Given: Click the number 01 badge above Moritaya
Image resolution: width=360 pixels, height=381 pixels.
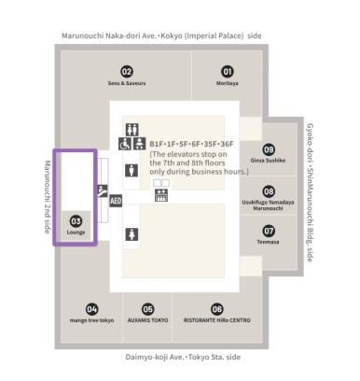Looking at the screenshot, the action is click(227, 71).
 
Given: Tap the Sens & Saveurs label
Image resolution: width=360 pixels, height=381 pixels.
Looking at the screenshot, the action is click(127, 83).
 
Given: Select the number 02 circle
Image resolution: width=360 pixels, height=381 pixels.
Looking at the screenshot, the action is click(127, 71).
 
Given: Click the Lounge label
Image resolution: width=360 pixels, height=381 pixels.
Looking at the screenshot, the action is click(76, 232).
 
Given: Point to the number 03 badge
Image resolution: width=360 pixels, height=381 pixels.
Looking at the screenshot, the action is click(76, 221).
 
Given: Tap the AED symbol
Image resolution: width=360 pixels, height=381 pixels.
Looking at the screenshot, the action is click(117, 200).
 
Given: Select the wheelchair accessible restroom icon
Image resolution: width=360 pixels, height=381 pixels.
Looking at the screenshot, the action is click(124, 146).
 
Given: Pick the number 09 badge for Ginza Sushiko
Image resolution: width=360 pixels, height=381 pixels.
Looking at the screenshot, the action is click(269, 149).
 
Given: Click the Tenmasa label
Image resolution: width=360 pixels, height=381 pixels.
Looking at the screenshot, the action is click(269, 241).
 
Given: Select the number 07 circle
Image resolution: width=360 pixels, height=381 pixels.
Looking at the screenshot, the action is click(269, 230).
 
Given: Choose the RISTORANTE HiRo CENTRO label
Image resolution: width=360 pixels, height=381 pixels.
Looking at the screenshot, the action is click(217, 319).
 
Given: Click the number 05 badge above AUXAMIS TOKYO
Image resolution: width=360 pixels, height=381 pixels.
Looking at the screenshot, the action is click(147, 308).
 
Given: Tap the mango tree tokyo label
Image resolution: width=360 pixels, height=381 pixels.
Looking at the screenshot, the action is click(91, 319).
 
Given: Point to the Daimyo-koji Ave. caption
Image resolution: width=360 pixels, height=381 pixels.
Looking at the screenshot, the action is click(183, 357).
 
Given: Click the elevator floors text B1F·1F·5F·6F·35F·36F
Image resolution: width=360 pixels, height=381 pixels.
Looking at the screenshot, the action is click(192, 144).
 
